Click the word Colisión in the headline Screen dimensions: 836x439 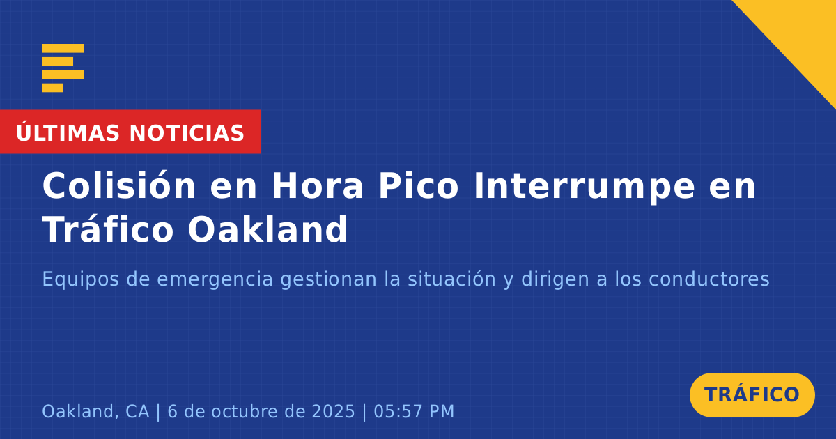coord(119,185)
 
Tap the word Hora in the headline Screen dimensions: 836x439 coord(317,186)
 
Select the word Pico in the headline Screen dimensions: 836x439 coord(419,185)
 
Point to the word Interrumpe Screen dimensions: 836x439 coord(585,187)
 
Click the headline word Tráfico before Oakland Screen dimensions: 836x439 coord(108,229)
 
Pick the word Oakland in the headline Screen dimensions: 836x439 coord(268,229)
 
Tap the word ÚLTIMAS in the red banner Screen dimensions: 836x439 coord(68,132)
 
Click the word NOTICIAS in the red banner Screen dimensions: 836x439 coord(187,133)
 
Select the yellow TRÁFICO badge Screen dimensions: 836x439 coord(752,394)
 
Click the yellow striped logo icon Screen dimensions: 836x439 coord(63,68)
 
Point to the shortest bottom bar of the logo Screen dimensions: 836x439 coord(52,88)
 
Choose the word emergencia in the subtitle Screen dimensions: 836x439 coord(215,279)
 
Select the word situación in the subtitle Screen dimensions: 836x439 coord(451,279)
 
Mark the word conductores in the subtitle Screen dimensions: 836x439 coord(709,279)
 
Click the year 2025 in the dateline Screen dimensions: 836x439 coord(333,411)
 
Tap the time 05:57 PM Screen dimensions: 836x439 coord(414,411)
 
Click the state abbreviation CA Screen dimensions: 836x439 coord(137,411)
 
